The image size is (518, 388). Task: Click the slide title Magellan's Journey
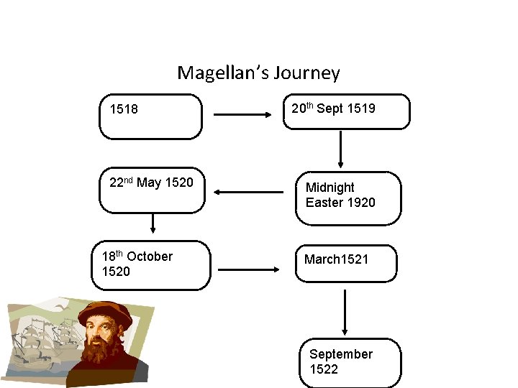[258, 73]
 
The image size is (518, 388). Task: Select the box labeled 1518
[150, 116]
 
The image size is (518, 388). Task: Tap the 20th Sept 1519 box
[346, 111]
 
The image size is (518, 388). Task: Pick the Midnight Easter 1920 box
[348, 198]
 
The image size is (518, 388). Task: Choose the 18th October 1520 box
[151, 265]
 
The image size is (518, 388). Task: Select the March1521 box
[346, 263]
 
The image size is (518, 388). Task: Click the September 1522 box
[350, 363]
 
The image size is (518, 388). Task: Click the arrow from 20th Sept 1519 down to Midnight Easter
[340, 149]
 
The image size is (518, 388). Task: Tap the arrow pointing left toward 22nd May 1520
[249, 192]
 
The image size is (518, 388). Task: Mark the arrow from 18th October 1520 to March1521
[249, 269]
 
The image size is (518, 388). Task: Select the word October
[150, 257]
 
